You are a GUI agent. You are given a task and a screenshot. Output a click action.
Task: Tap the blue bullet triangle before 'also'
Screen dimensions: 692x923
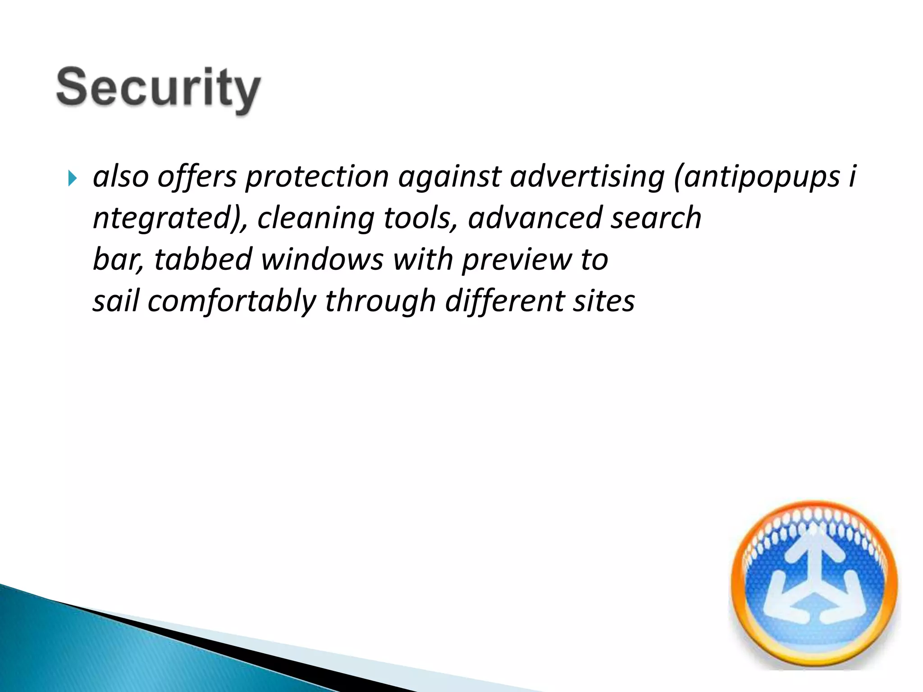pos(72,178)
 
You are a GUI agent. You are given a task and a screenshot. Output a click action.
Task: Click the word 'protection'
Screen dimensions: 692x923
pos(317,177)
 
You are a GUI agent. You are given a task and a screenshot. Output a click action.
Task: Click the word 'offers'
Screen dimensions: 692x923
pos(197,177)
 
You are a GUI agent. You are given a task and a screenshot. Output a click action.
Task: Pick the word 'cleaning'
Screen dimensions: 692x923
pos(315,218)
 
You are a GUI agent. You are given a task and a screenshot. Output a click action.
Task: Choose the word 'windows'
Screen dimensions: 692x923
pos(322,259)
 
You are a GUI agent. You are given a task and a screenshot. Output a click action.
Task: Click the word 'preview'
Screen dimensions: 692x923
pos(516,260)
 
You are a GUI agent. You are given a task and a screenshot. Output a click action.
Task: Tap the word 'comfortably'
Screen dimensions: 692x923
pos(232,301)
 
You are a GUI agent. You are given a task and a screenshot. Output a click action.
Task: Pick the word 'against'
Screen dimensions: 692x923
pos(449,177)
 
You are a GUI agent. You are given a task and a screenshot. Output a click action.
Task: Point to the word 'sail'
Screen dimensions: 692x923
pos(116,301)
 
